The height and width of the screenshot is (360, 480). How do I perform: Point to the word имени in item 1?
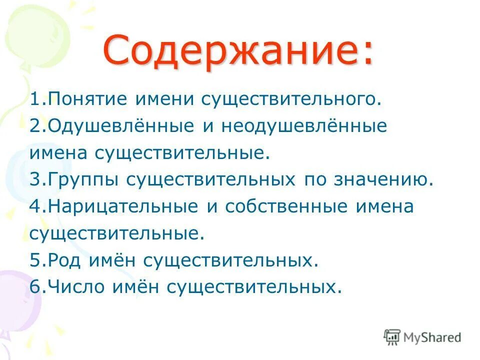[165, 99]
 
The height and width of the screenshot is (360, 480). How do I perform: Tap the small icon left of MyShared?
[392, 337]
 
